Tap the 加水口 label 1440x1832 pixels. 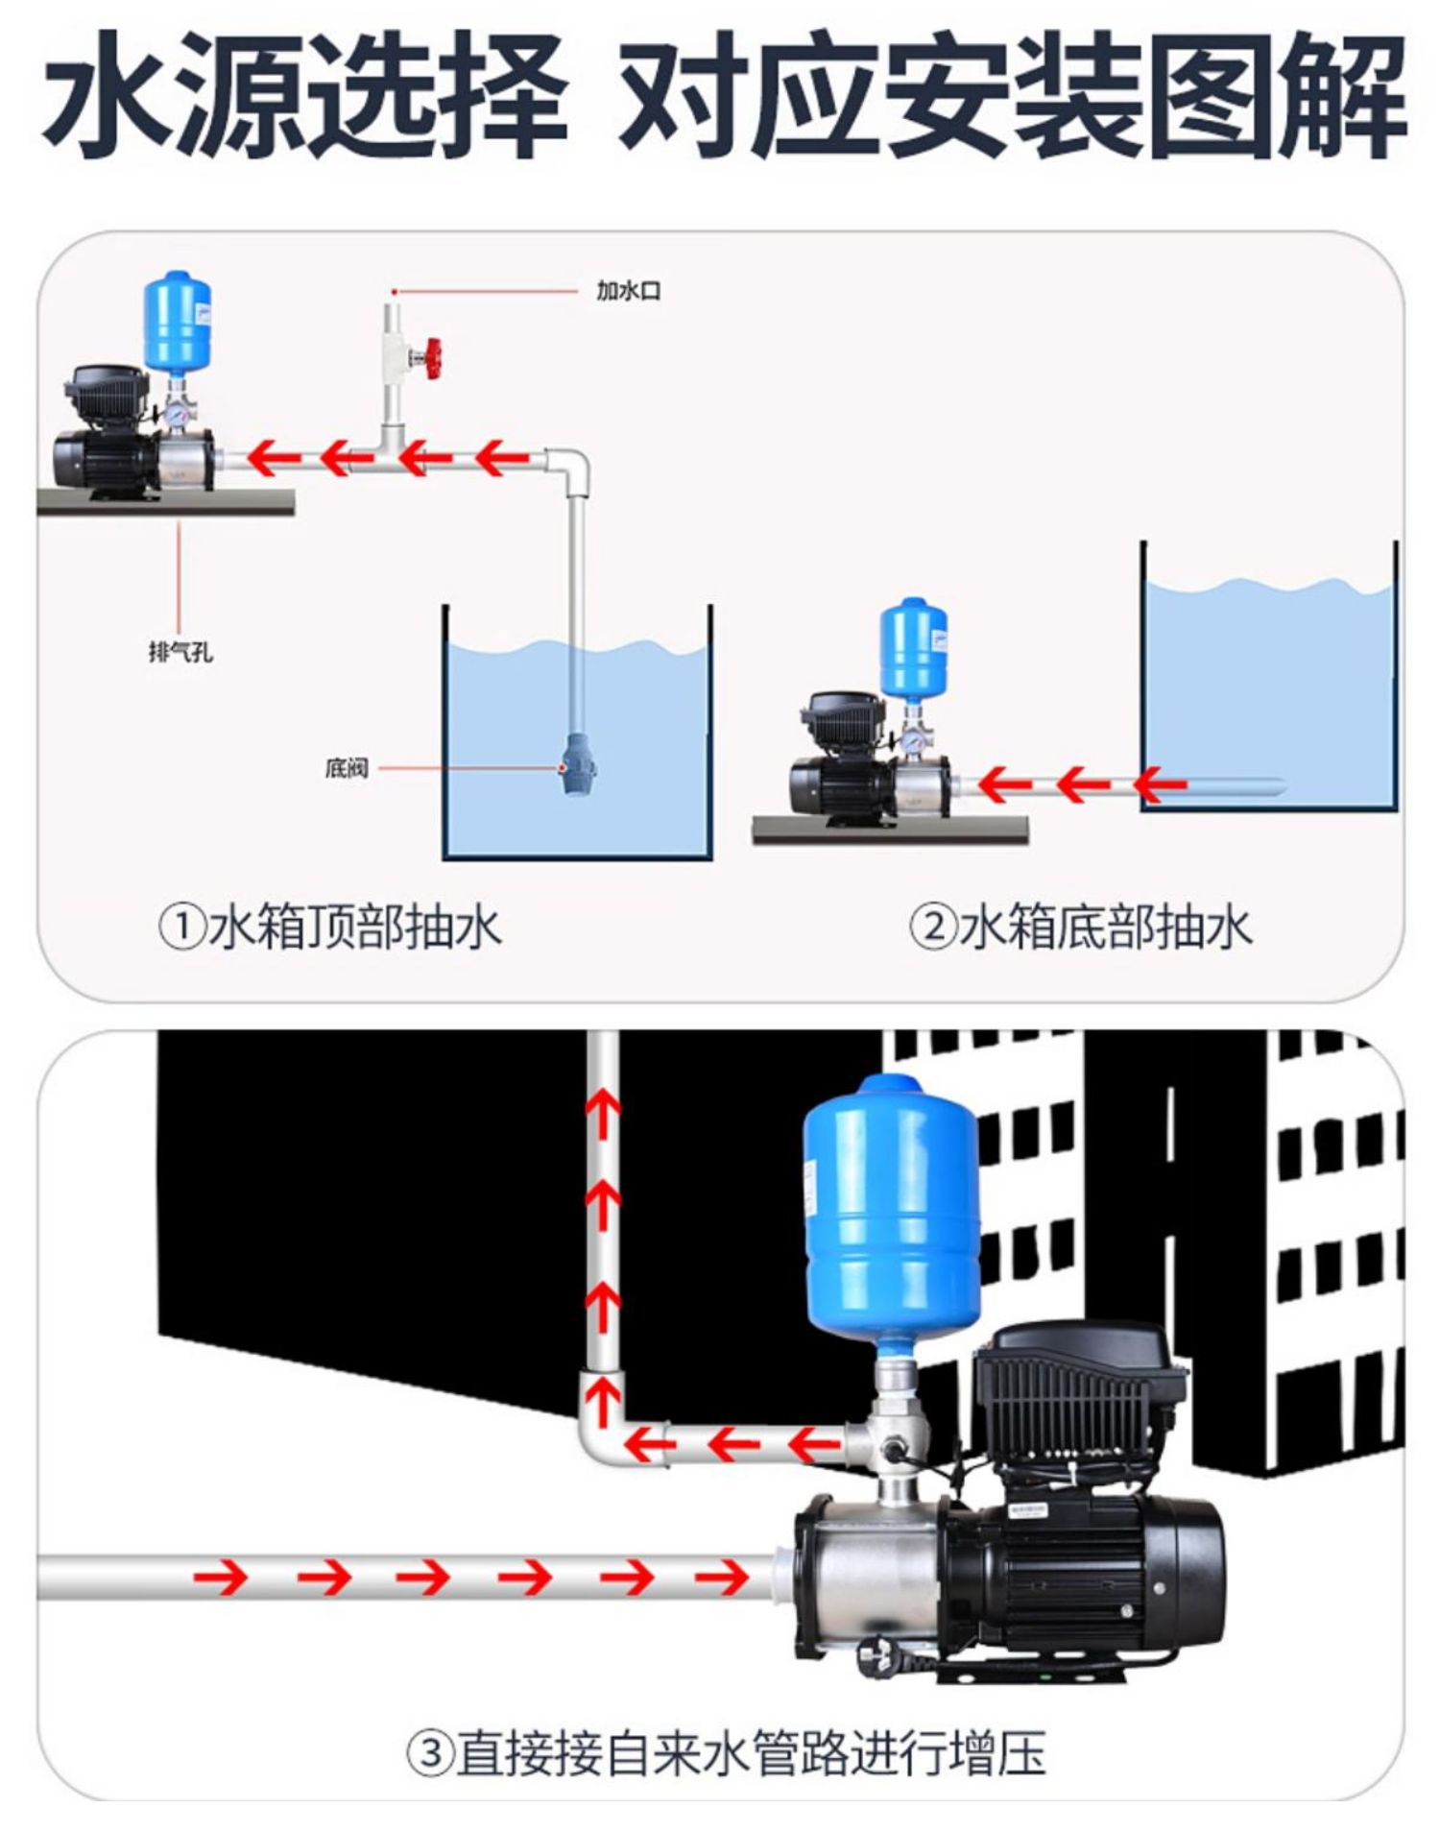628,290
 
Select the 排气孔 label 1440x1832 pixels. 180,653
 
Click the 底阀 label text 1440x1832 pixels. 346,768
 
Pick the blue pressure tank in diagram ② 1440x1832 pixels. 913,647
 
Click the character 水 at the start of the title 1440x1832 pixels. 106,96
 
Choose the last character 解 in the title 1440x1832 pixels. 1344,96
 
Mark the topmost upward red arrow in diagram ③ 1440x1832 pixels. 603,1120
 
